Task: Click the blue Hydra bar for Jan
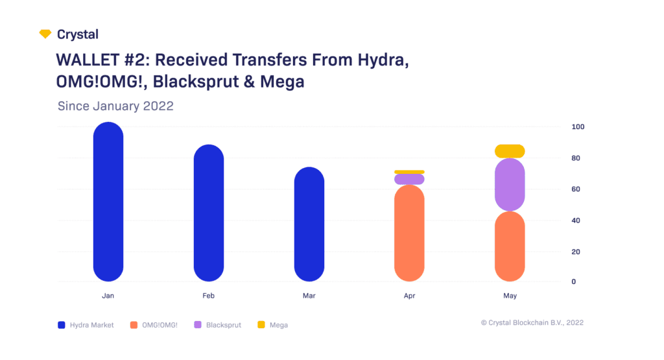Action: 108,202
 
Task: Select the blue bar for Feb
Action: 209,213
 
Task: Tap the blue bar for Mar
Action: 309,224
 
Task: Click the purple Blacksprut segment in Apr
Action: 409,179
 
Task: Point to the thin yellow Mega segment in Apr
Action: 409,172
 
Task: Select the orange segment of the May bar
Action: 509,246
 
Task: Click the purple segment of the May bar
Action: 509,185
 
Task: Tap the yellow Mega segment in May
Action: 509,151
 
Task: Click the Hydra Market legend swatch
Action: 62,325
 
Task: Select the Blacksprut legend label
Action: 223,325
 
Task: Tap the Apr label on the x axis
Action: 409,296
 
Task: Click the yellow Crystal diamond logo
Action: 45,34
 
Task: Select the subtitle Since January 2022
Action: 115,106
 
